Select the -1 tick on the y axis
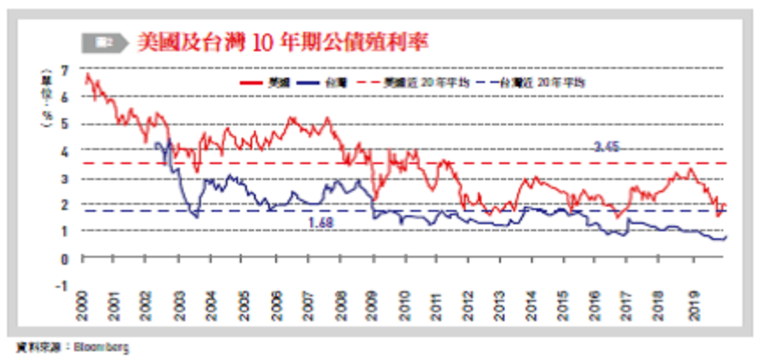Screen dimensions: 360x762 pos(63,285)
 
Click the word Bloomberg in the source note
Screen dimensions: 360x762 pos(104,348)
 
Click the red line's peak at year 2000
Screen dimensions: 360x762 pos(86,74)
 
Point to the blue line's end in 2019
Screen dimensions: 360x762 pos(725,237)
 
